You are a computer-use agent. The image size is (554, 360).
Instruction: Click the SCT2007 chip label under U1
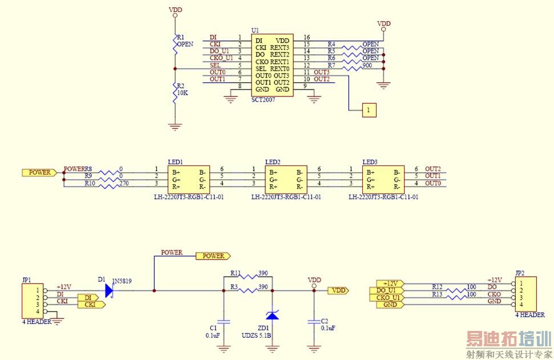(263, 99)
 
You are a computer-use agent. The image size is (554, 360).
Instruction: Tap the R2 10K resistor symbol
(176, 93)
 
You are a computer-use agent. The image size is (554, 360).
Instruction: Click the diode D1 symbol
(110, 290)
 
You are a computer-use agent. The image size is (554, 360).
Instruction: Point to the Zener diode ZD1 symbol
(273, 314)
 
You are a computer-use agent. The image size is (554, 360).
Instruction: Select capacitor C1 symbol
(223, 322)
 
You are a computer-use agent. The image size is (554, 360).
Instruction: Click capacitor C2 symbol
(313, 322)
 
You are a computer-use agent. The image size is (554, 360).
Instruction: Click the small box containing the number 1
(369, 110)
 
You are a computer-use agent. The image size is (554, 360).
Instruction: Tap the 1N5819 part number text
(122, 281)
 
